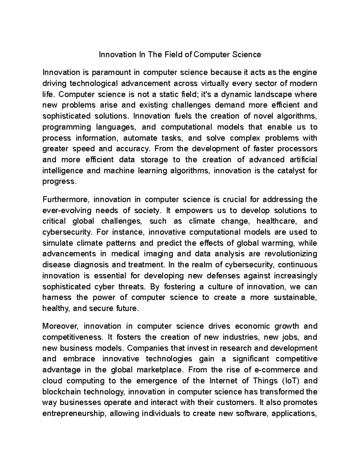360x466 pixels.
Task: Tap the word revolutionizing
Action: click(291, 254)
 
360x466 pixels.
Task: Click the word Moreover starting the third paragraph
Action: click(60, 326)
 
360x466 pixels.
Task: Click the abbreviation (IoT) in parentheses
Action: click(291, 381)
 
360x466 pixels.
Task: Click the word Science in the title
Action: click(246, 55)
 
